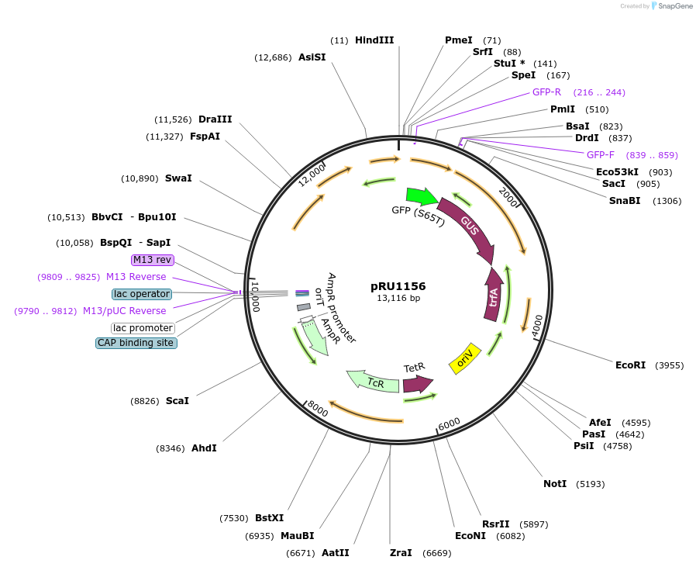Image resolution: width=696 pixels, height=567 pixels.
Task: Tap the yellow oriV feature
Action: (x=465, y=358)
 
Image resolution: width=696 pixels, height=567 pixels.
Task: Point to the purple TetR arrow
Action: (x=417, y=383)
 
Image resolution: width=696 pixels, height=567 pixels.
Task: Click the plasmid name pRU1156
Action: (x=398, y=286)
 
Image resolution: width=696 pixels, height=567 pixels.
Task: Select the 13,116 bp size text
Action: (x=398, y=298)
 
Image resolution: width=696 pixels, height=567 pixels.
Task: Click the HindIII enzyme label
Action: (x=374, y=40)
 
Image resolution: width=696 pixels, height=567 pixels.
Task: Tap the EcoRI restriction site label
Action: (x=630, y=365)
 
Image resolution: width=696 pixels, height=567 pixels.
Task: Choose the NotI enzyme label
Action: (x=555, y=484)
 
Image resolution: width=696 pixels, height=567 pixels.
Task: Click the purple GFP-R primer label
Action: (x=546, y=92)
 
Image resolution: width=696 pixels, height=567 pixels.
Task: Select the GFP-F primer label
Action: (x=600, y=155)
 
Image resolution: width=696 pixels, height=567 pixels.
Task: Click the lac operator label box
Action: (x=142, y=294)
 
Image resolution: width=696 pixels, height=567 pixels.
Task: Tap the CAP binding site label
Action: (x=136, y=343)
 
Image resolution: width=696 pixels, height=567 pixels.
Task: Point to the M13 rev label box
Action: (x=153, y=260)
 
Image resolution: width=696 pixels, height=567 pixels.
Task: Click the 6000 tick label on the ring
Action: (x=450, y=424)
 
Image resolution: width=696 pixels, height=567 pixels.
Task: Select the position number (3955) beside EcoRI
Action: (x=670, y=365)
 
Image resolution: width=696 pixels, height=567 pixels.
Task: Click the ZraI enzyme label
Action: (x=401, y=553)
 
